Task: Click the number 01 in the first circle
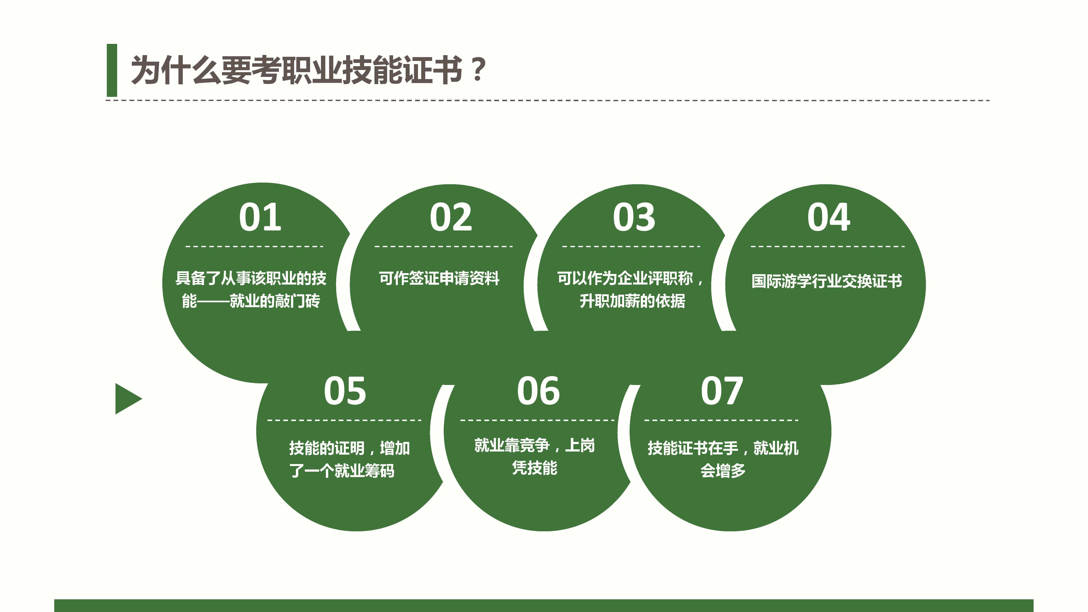pyautogui.click(x=260, y=218)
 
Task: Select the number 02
pyautogui.click(x=451, y=218)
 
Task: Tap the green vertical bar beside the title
pyautogui.click(x=112, y=70)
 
